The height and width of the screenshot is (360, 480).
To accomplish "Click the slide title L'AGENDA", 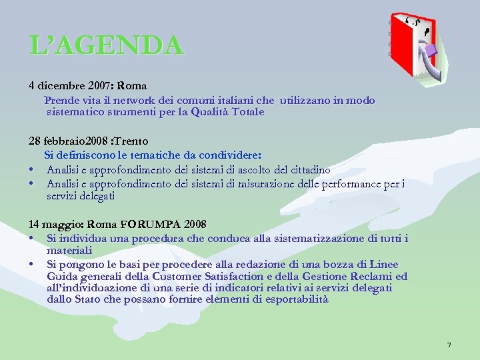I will pyautogui.click(x=105, y=45).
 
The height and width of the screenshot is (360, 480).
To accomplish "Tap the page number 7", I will pyautogui.click(x=449, y=345).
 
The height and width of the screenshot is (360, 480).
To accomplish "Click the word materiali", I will pyautogui.click(x=69, y=250).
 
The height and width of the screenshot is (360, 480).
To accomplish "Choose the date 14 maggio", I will pyautogui.click(x=49, y=224).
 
